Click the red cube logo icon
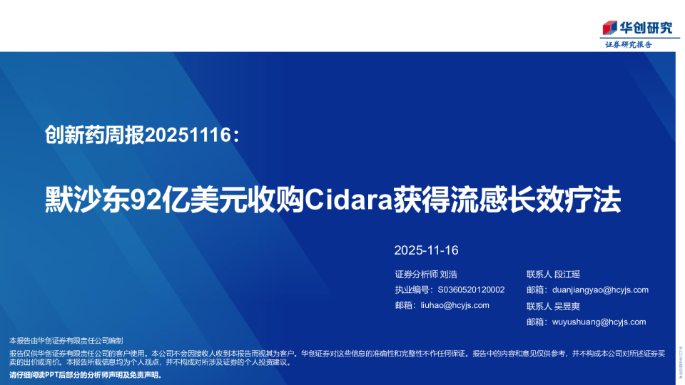pos(609,28)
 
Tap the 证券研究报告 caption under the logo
pos(629,44)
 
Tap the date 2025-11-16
pos(426,250)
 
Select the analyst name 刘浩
pos(448,274)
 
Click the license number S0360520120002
pos(471,289)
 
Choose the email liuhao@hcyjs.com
pos(453,305)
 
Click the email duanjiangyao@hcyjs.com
pos(600,289)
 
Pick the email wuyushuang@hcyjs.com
pos(599,322)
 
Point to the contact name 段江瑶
pos(567,274)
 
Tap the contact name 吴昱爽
pos(567,306)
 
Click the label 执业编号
pos(412,289)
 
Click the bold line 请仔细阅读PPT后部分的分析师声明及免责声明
pos(86,374)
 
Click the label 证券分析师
pos(415,274)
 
